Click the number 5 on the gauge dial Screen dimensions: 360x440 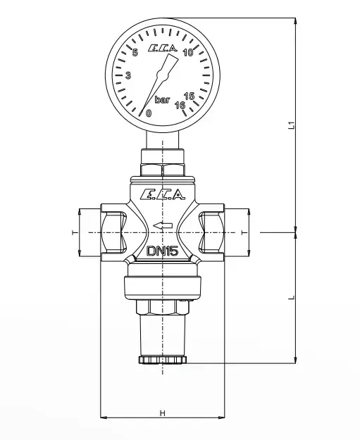(135, 53)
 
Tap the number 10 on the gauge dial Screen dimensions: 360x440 (188, 53)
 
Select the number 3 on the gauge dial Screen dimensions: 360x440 (128, 75)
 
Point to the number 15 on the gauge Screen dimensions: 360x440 (190, 96)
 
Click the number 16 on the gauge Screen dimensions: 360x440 (180, 105)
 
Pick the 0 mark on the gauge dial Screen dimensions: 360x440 (149, 113)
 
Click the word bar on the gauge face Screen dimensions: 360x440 (162, 100)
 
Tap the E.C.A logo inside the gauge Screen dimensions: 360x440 (163, 49)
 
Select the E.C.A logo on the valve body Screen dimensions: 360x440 (163, 194)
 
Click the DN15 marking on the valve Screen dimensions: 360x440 (163, 251)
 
